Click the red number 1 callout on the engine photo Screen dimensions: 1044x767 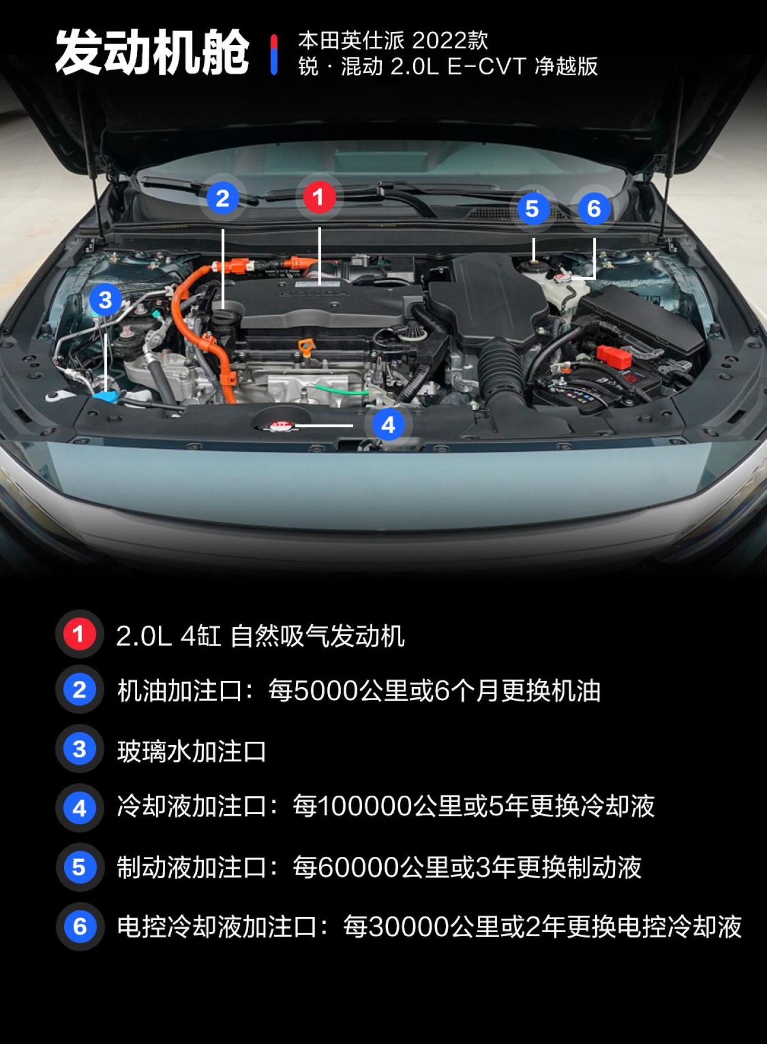pos(319,197)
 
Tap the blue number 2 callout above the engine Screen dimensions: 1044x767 pos(222,198)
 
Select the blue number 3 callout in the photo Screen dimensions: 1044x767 pos(105,299)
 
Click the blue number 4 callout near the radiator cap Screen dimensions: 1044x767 pos(388,425)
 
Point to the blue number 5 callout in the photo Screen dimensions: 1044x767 pos(532,208)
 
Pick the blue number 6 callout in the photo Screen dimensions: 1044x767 pos(594,208)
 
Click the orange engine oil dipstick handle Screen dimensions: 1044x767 pos(306,345)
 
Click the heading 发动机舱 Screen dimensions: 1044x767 pos(152,53)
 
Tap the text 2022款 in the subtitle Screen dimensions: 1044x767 pos(450,40)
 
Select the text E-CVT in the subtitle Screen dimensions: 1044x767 pos(486,66)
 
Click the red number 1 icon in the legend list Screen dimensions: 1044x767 pos(79,634)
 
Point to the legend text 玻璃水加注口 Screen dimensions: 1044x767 pos(191,751)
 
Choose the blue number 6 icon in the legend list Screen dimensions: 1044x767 pos(80,926)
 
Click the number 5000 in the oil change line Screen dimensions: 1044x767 pos(326,691)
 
